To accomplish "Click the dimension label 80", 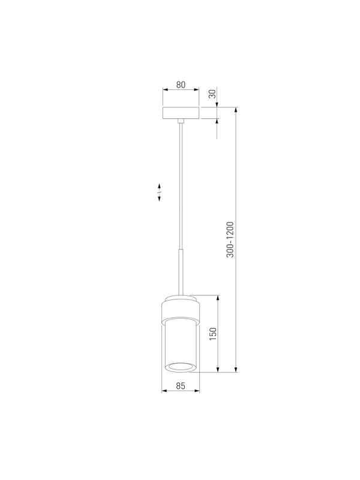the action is tap(181, 85).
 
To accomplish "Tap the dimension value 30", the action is tap(212, 94).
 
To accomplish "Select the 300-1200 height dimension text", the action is tap(230, 239).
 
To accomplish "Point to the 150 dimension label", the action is tap(213, 334).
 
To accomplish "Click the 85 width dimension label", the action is tap(181, 386).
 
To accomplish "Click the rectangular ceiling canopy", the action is tap(181, 113).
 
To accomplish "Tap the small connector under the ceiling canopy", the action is tap(181, 121).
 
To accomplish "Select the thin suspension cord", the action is tap(181, 186).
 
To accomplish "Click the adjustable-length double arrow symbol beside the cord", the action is tap(159, 192).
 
